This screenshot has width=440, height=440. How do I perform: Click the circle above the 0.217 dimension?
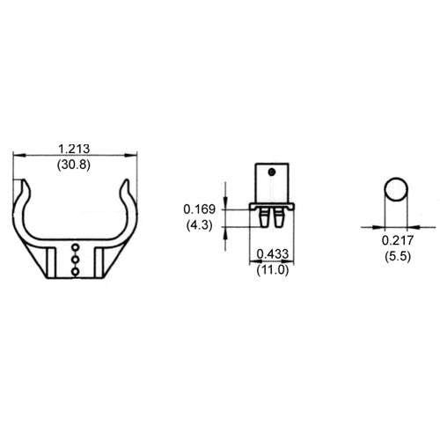(x=396, y=191)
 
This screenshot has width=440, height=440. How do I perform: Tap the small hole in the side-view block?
(x=274, y=172)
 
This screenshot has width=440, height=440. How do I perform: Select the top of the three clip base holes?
(x=76, y=247)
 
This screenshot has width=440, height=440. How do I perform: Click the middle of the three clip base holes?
(x=76, y=260)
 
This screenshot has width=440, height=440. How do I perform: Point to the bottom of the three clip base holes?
(x=76, y=271)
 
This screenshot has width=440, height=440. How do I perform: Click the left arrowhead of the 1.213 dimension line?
(x=17, y=156)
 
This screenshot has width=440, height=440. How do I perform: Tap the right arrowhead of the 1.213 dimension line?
(x=136, y=156)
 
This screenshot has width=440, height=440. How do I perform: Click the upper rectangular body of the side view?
(x=272, y=183)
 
